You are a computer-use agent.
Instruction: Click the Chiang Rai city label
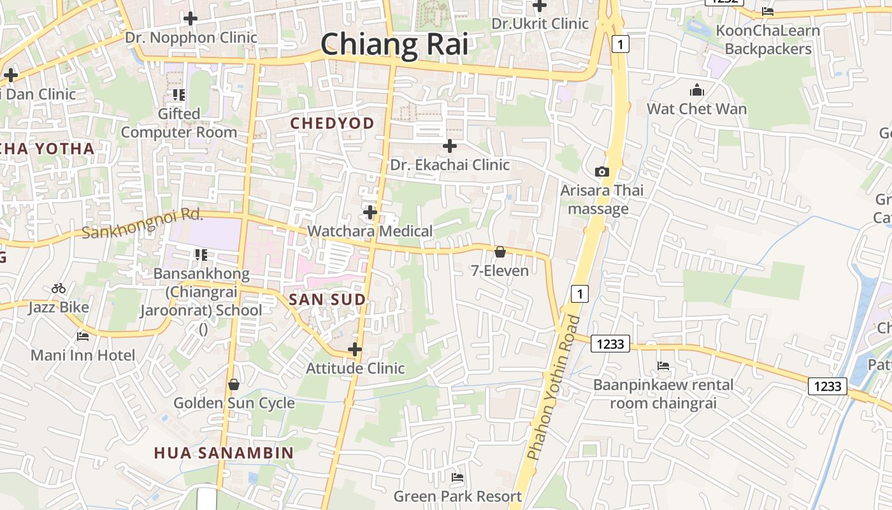point(394,45)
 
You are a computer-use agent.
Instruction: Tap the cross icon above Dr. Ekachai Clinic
point(450,146)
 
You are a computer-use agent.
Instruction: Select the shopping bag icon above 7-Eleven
point(500,252)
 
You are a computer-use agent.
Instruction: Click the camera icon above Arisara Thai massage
point(601,171)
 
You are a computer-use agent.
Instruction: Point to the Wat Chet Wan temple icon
point(697,90)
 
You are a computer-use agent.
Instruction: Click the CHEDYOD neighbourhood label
point(332,124)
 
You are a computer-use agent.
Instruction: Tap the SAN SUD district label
point(327,299)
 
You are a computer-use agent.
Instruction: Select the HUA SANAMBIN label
point(224,453)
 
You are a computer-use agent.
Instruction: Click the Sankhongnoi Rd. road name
point(143,223)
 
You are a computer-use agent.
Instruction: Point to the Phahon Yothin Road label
point(555,388)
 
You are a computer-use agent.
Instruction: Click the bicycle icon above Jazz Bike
point(59,288)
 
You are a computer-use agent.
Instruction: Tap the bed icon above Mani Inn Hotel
point(83,336)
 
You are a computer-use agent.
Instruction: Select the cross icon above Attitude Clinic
point(355,349)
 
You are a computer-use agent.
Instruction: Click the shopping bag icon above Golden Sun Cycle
point(234,384)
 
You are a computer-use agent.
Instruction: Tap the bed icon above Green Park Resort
point(457,477)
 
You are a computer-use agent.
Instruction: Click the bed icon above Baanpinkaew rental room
point(663,366)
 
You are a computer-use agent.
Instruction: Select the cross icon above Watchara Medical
point(370,212)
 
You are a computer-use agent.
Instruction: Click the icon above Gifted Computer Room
point(179,95)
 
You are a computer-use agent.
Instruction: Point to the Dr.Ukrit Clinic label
point(540,24)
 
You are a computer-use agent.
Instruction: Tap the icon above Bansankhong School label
point(201,255)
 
